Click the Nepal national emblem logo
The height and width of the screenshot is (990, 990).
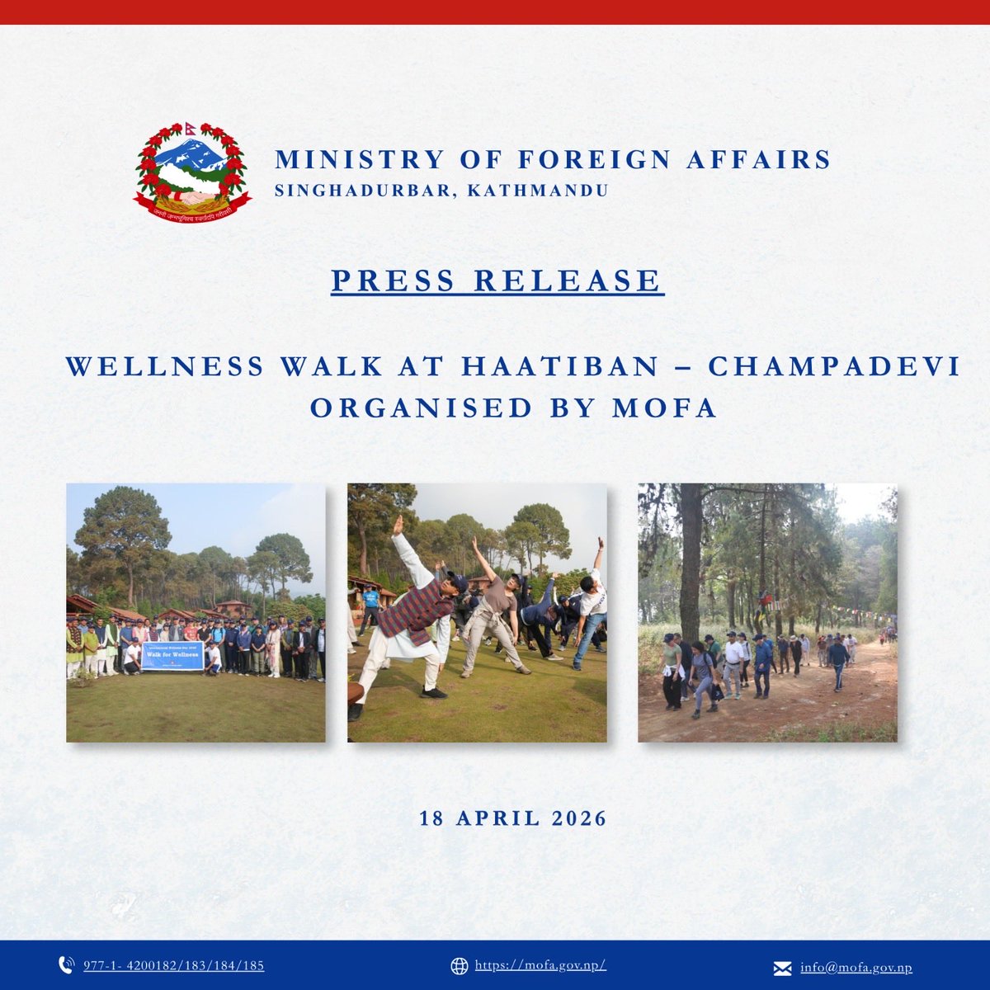[192, 173]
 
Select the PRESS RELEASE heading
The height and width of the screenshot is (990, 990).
[497, 280]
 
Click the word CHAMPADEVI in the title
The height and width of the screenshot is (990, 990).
[834, 366]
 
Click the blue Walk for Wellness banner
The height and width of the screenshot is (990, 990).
[172, 656]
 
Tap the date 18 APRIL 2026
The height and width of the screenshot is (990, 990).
[513, 818]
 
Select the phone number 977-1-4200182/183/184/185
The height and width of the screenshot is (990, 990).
[174, 966]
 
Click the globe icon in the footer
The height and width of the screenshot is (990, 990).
[460, 966]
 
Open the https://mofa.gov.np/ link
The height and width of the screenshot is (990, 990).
[540, 966]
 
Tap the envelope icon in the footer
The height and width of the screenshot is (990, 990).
[782, 968]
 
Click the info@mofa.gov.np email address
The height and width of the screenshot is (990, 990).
[856, 968]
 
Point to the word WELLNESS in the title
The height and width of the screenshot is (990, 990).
[165, 366]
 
